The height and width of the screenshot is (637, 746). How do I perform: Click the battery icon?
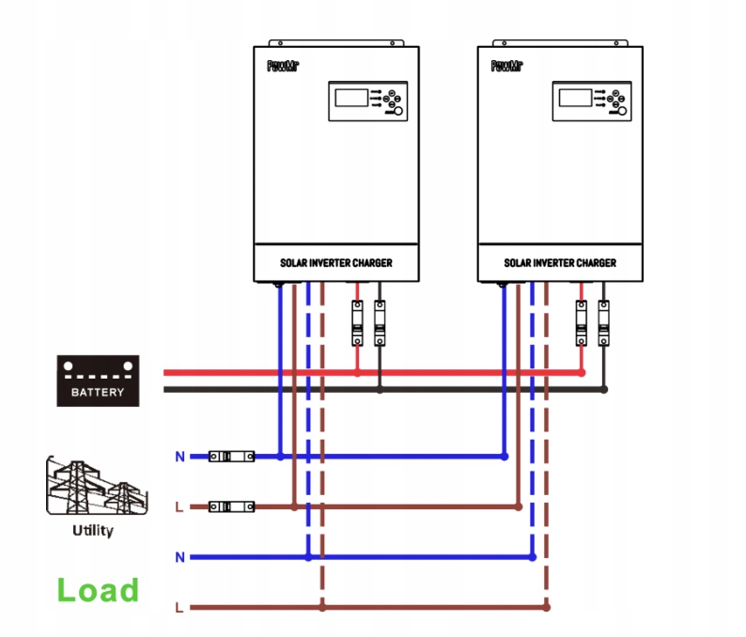pyautogui.click(x=98, y=380)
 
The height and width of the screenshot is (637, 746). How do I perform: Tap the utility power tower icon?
pyautogui.click(x=93, y=487)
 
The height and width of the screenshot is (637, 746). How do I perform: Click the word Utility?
pyautogui.click(x=93, y=531)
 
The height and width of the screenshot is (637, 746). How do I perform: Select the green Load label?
pyautogui.click(x=98, y=590)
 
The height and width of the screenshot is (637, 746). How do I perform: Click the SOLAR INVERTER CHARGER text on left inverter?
pyautogui.click(x=335, y=263)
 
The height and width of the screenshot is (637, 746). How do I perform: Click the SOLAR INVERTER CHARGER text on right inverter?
pyautogui.click(x=560, y=263)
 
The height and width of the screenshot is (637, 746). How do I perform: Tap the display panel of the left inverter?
pyautogui.click(x=367, y=101)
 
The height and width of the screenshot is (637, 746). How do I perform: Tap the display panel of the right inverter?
pyautogui.click(x=591, y=101)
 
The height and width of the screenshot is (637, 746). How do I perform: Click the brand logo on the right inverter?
pyautogui.click(x=505, y=66)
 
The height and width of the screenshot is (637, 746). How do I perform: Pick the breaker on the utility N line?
pyautogui.click(x=230, y=457)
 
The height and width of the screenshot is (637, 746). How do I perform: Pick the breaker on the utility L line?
pyautogui.click(x=230, y=506)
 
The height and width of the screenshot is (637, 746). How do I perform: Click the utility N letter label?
pyautogui.click(x=179, y=457)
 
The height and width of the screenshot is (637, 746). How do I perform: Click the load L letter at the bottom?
pyautogui.click(x=179, y=608)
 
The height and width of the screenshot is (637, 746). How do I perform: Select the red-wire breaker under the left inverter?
pyautogui.click(x=357, y=322)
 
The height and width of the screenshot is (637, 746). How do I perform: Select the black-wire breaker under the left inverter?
pyautogui.click(x=380, y=322)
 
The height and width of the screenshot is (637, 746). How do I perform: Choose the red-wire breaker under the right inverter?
pyautogui.click(x=582, y=322)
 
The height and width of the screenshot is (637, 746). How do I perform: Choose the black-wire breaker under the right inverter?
pyautogui.click(x=604, y=322)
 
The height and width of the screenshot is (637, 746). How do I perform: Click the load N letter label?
pyautogui.click(x=179, y=557)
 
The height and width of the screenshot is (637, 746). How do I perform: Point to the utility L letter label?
pyautogui.click(x=179, y=507)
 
